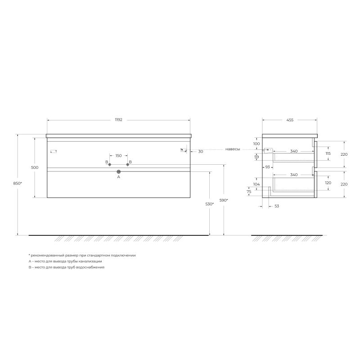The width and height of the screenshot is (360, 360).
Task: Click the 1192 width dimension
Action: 118,120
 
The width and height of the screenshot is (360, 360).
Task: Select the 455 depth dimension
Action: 289,120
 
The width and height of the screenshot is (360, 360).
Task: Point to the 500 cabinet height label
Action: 35,167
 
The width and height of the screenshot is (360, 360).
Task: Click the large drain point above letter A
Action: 119,171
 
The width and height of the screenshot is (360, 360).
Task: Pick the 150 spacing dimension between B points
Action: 118,156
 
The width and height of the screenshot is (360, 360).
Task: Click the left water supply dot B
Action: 109,165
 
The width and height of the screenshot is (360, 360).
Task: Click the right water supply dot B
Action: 128,165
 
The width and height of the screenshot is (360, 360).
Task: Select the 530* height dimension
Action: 209,204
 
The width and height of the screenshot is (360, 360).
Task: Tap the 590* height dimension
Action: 224,200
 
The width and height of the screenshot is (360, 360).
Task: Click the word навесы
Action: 233,149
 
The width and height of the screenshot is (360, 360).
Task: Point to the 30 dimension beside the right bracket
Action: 201,152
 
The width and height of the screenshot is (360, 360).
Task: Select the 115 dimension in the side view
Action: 328,153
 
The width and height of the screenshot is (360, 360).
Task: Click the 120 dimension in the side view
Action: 328,183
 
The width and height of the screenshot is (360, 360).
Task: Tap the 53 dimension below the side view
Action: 276,206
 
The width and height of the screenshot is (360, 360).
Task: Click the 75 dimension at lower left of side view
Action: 249,192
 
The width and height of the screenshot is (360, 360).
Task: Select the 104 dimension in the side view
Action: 256,184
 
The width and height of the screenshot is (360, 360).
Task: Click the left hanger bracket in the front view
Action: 54,150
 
